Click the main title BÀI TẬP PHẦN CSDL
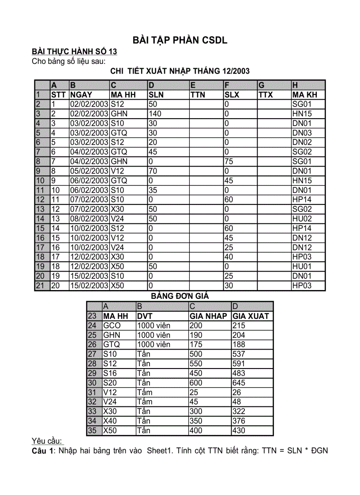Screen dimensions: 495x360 (180, 40)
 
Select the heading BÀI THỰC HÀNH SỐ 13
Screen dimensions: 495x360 (74, 52)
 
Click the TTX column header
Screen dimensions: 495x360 (266, 94)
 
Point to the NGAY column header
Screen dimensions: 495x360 (81, 94)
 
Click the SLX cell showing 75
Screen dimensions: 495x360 (229, 161)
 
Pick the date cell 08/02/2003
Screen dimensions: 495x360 (90, 219)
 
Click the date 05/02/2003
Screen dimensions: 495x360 (90, 171)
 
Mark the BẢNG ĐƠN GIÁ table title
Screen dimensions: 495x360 (180, 296)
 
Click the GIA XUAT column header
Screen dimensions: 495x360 (251, 316)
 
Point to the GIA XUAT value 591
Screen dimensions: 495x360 (239, 364)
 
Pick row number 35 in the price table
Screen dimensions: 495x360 (92, 431)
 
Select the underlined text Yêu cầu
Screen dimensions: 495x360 (48, 441)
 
